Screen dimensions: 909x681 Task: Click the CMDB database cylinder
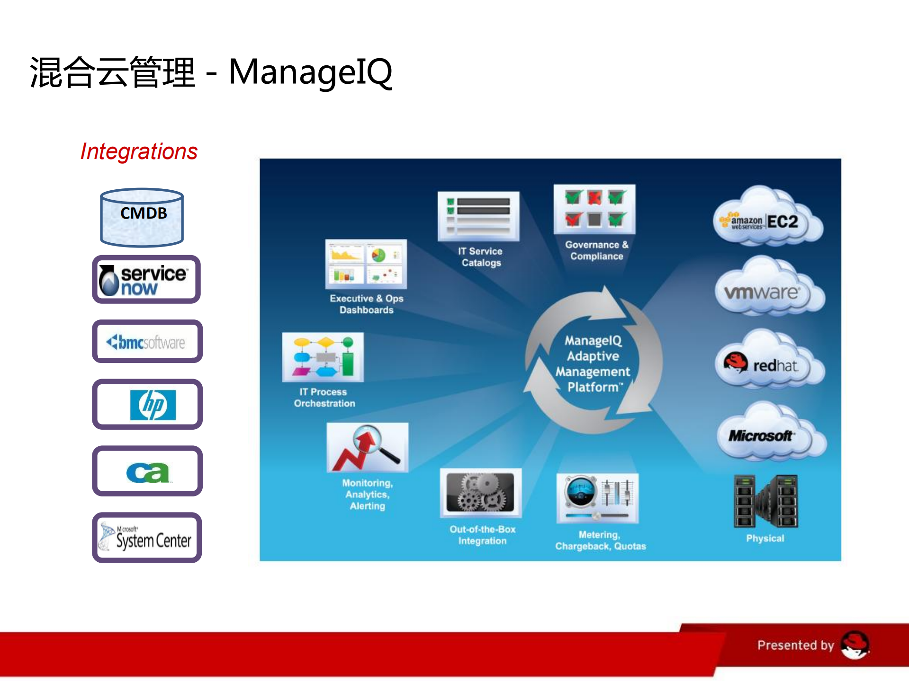tap(142, 217)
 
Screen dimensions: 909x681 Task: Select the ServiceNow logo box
tap(146, 279)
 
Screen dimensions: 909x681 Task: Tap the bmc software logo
tap(147, 341)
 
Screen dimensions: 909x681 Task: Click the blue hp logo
tap(153, 405)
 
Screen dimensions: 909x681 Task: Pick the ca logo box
tap(147, 471)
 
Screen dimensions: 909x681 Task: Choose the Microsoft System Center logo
tap(147, 538)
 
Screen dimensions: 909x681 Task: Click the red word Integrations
tap(139, 151)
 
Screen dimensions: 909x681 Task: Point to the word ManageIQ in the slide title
tap(311, 72)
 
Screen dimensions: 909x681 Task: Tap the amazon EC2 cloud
tap(767, 216)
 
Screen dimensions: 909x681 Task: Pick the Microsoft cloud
tap(771, 432)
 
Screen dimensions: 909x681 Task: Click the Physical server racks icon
tap(765, 501)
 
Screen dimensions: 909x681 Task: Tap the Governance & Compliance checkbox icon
tap(594, 209)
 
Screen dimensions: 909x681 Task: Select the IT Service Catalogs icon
tap(478, 216)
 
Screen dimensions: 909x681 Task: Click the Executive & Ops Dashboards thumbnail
tap(366, 264)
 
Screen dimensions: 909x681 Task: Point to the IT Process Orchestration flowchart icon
tap(323, 357)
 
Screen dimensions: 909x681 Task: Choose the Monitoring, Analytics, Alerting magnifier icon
tap(367, 447)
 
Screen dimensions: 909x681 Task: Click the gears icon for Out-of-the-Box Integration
tap(481, 493)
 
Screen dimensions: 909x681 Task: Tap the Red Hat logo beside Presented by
tap(855, 645)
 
